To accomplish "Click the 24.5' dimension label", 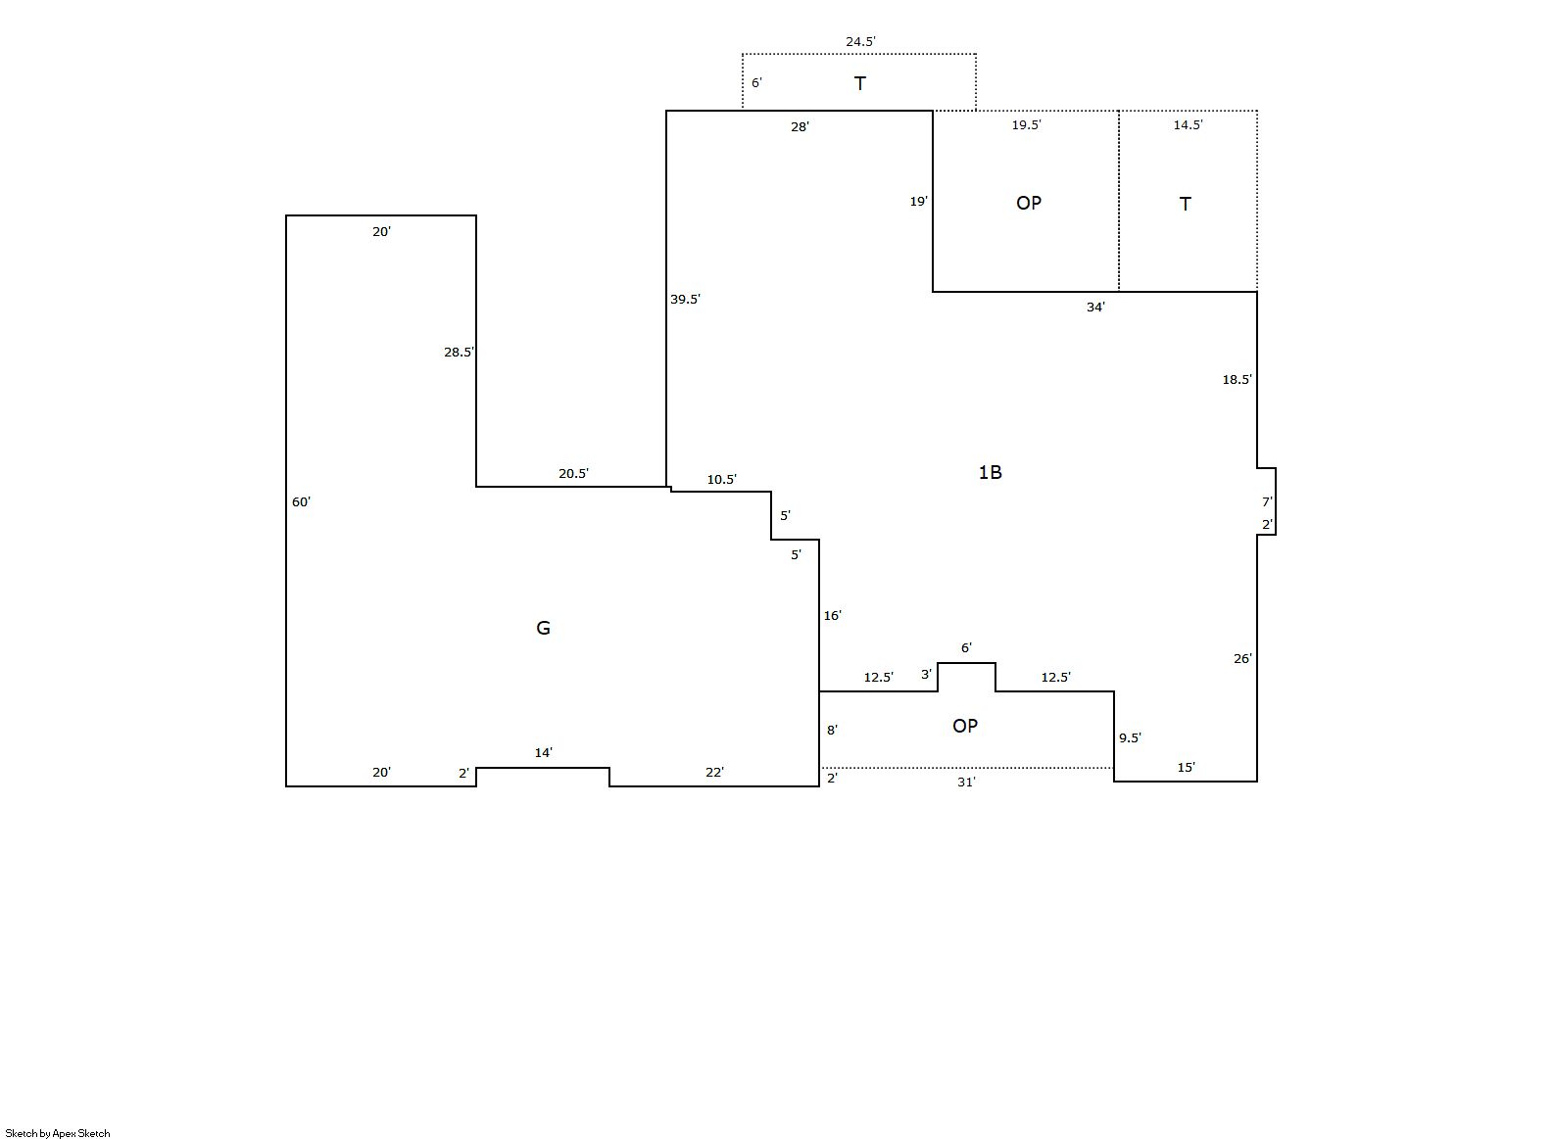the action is tap(860, 41).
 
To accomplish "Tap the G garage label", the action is tap(544, 628).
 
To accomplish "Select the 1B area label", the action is tap(990, 472).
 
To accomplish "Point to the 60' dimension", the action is tap(301, 501).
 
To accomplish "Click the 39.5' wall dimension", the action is tap(685, 300).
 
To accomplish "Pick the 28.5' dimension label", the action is tap(459, 352).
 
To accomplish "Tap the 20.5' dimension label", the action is tap(573, 473).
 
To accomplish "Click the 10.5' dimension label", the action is tap(722, 480).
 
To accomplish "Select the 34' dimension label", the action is tap(1095, 307).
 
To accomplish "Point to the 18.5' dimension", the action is tap(1237, 379).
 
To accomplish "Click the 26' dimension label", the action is tap(1242, 658).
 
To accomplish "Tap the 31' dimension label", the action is tap(966, 782).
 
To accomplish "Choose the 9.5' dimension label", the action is tap(1130, 737).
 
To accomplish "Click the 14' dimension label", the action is tap(544, 752).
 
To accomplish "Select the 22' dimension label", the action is tap(715, 772).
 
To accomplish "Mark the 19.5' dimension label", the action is tap(1026, 124).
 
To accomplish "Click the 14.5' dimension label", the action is tap(1188, 124).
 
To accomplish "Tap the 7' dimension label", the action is tap(1267, 501).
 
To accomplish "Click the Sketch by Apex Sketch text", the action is tap(58, 1133).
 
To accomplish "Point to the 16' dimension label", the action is tap(832, 615).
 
